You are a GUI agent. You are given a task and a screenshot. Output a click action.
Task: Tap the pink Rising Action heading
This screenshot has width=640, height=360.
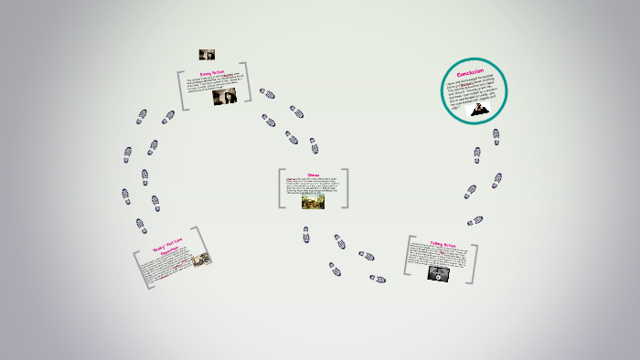[x=213, y=73]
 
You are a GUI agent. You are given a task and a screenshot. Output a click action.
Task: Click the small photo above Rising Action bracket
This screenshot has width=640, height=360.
[x=207, y=55]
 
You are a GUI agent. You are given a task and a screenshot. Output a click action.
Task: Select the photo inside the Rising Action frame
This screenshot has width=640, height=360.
[x=224, y=97]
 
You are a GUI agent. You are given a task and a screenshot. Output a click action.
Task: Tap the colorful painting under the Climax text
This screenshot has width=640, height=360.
[x=314, y=201]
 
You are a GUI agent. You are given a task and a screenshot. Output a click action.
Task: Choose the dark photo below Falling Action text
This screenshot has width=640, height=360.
[x=438, y=272]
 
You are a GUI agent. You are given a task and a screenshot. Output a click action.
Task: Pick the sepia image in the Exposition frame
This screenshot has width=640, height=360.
[x=200, y=259]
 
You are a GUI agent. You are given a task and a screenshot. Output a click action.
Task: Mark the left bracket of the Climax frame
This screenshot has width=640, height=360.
[x=281, y=187]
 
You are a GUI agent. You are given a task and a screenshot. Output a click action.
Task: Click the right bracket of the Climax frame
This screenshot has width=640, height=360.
[x=346, y=187]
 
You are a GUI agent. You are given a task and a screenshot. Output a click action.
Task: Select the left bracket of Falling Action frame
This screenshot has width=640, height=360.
[x=407, y=257]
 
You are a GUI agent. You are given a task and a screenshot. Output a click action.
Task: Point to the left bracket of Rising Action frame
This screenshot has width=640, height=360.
[x=183, y=90]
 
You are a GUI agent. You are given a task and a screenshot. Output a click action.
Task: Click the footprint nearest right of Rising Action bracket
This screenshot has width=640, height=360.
[x=267, y=93]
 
